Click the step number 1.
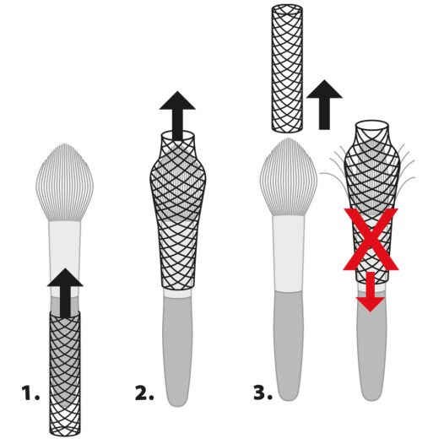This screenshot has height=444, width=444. coord(30,393)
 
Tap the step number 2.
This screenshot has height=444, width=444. coord(144,393)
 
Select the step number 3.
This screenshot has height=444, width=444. coord(263,393)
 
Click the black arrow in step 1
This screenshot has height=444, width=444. coord(65,293)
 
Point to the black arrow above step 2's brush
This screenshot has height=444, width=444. coord(177,116)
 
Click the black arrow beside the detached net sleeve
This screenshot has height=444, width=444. coord(324,105)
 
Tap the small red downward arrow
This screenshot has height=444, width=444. coord(370,292)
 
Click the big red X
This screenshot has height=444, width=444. coord(371,239)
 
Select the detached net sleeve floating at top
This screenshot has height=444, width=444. coord(287,68)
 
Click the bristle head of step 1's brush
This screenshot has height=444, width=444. coord(65,182)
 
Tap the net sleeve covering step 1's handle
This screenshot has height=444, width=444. coord(65,373)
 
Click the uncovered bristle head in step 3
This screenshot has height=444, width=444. coord(289,176)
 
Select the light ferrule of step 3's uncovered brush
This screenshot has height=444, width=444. coord(289,254)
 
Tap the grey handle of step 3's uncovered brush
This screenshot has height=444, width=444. coord(289,346)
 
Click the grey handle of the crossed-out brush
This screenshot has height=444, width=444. coord(371,354)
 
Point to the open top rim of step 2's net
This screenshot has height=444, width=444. coord(178,135)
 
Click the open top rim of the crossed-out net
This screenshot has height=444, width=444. coord(371,125)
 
